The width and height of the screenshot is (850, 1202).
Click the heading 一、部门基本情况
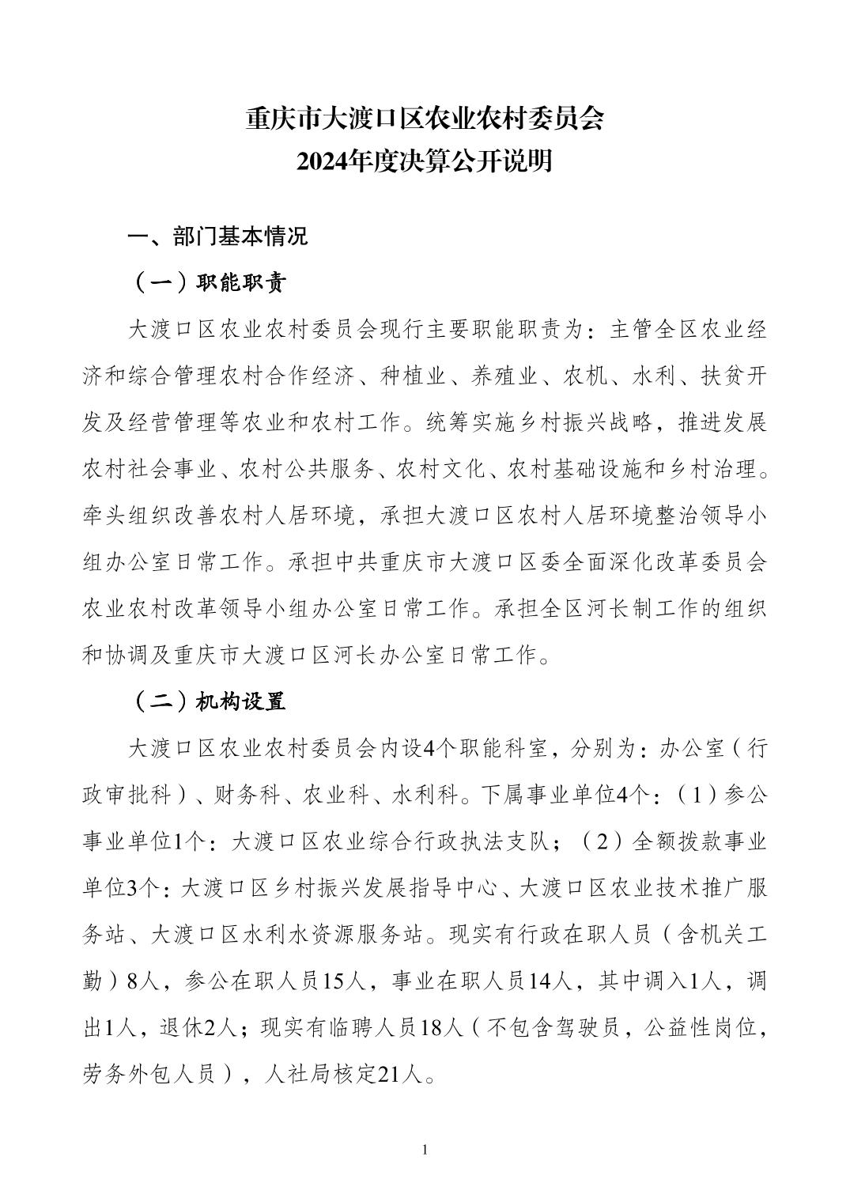coord(218,236)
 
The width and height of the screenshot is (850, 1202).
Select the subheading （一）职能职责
coord(207,283)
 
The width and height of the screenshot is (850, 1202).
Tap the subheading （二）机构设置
coord(207,701)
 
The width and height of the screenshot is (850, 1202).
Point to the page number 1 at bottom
coord(425,1149)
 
